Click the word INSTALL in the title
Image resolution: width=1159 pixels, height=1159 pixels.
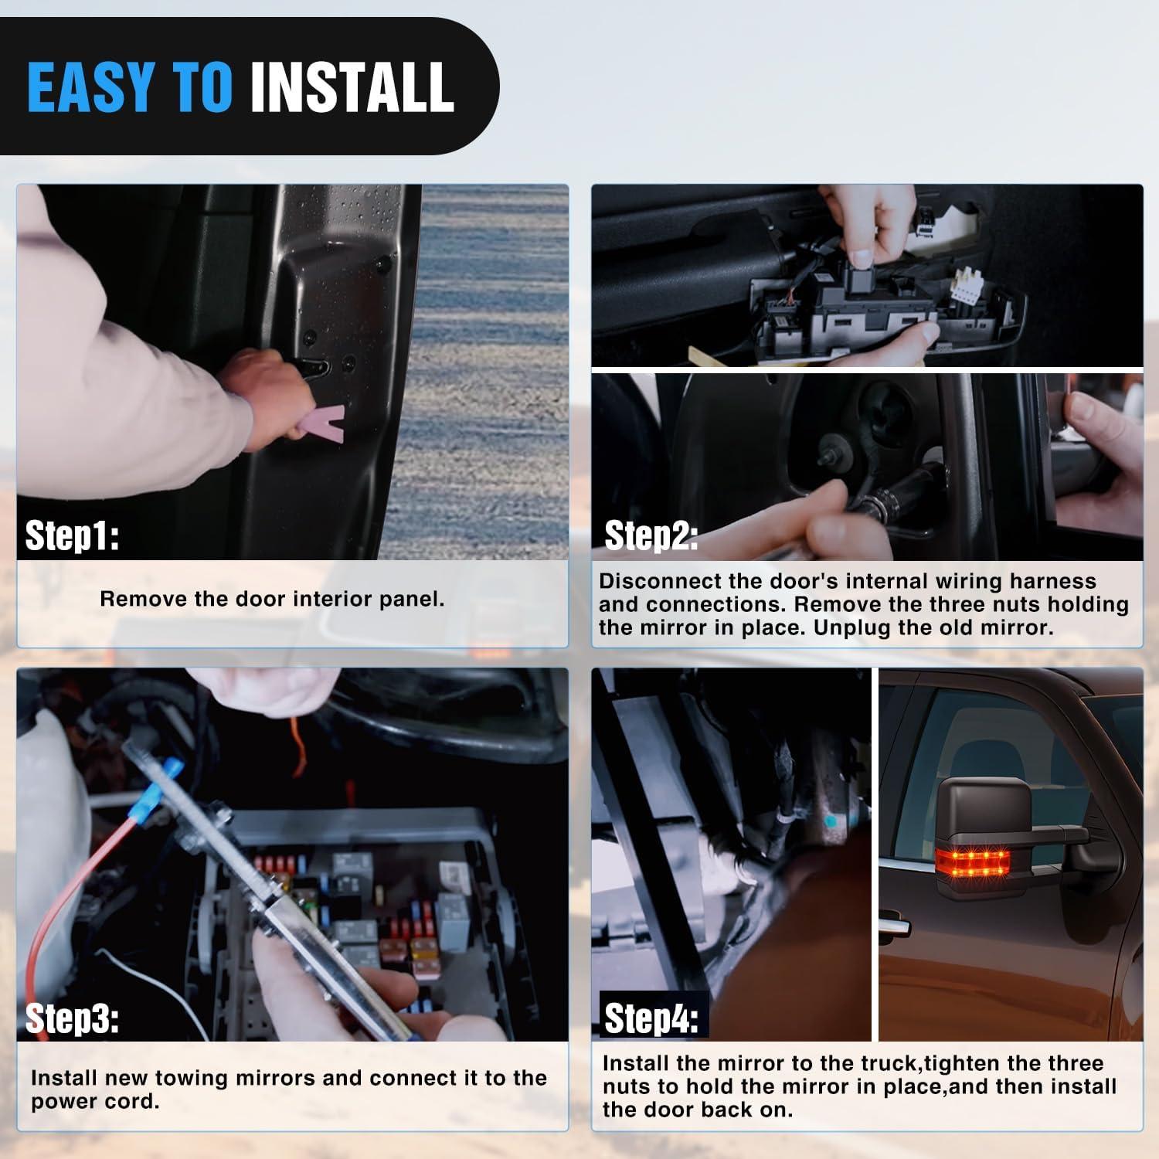point(352,86)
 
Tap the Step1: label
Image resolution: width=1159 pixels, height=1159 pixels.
point(72,535)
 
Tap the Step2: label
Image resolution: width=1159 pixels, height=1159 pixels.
point(651,535)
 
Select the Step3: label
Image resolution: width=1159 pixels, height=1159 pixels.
point(72,1018)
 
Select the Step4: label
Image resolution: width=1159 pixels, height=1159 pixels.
point(651,1018)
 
